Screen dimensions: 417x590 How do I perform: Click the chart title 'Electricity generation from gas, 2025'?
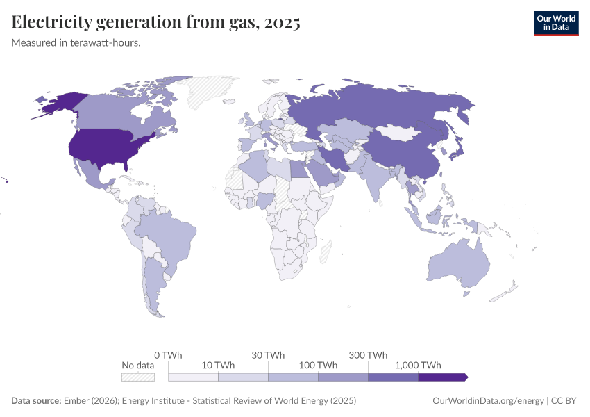[156, 23]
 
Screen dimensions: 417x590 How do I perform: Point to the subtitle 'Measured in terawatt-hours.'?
[76, 43]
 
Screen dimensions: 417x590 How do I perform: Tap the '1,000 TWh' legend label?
[418, 365]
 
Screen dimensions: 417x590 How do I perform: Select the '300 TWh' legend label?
[368, 354]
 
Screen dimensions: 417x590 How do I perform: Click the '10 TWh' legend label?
[218, 365]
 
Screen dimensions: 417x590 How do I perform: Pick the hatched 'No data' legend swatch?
[138, 377]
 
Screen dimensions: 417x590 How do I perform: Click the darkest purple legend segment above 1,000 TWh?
[442, 377]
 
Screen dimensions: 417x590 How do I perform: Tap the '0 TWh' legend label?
[167, 354]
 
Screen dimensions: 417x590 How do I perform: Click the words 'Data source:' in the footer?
[36, 401]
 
